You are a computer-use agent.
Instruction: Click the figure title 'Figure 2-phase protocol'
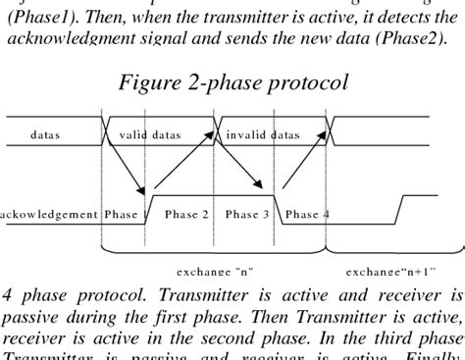coord(232,82)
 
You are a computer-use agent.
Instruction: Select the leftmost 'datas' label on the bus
coord(46,133)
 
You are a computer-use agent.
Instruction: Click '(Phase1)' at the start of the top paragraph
coord(36,17)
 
